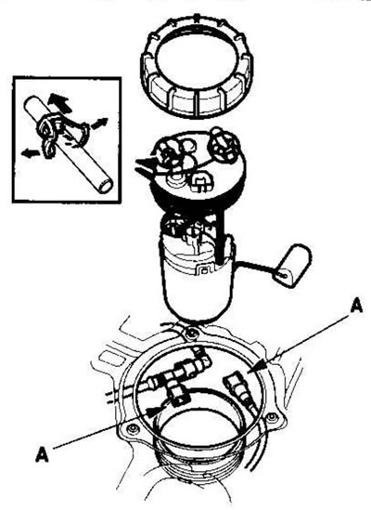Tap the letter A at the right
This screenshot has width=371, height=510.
[356, 307]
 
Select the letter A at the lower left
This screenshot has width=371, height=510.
[43, 454]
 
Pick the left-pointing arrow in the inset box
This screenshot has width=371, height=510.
[31, 152]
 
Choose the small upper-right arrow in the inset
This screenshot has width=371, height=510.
[99, 124]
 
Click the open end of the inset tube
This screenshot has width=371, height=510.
[106, 187]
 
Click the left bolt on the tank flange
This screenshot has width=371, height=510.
[133, 429]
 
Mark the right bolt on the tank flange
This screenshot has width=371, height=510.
[272, 417]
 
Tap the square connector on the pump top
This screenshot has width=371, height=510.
[202, 182]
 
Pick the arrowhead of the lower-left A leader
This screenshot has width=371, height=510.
[153, 412]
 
